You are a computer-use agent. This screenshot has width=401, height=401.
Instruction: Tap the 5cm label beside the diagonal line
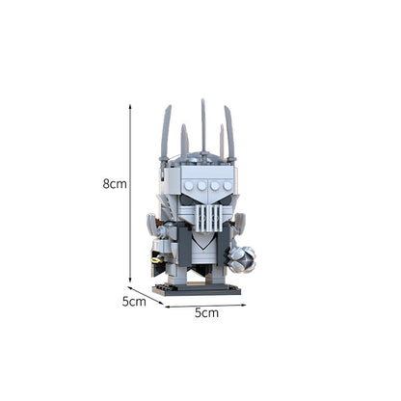click(133, 302)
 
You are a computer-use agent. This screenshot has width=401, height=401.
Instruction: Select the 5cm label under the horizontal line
click(206, 312)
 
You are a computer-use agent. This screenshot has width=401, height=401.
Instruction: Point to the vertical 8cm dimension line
click(131, 193)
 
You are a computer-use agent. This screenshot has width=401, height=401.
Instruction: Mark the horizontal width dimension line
click(205, 306)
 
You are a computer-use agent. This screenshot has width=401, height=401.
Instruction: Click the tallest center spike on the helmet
click(203, 120)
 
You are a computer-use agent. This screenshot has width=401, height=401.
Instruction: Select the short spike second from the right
click(221, 143)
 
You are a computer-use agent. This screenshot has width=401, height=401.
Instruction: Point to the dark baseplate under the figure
click(197, 287)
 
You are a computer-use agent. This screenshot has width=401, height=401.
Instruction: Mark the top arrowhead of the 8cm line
click(131, 107)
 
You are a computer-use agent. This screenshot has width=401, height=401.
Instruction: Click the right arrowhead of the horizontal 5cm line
click(244, 306)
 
